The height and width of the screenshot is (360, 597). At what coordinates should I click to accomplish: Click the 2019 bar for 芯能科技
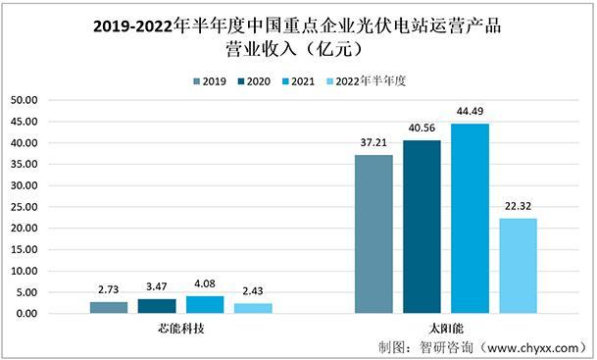109,308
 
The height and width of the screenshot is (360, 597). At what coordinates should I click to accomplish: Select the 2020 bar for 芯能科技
157,306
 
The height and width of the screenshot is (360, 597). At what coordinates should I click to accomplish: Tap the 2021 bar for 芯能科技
205,305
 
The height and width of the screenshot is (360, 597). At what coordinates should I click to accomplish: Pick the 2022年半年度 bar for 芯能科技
253,308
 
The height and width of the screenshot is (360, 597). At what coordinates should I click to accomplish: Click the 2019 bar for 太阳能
373,234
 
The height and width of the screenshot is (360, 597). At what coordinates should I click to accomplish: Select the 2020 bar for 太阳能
422,227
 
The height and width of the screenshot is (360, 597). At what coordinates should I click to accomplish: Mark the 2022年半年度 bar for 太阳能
518,266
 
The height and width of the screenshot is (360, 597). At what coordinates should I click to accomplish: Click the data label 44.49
470,114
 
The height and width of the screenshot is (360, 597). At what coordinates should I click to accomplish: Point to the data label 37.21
373,144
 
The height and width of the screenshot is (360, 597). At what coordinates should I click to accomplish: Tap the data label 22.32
518,208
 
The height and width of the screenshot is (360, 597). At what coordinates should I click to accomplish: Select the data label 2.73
109,291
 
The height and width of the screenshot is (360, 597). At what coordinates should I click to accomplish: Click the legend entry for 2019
207,81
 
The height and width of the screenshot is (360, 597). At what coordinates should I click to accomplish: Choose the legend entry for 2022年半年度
367,81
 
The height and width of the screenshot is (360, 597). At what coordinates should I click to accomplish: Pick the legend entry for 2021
301,81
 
